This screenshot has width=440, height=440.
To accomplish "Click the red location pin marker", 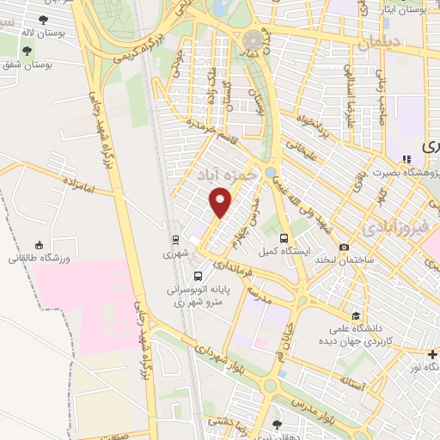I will [221, 203].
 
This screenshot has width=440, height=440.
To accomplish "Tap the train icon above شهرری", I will [175, 240].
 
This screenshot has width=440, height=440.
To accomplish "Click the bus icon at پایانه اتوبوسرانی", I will [199, 276].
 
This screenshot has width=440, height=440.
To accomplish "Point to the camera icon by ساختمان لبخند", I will [344, 247].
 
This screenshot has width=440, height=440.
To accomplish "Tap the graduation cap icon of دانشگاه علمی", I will [355, 315].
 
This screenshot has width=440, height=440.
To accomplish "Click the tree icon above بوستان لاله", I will [43, 18].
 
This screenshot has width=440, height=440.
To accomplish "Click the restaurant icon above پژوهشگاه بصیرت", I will [407, 158].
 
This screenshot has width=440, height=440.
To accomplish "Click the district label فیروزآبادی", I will [392, 229].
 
